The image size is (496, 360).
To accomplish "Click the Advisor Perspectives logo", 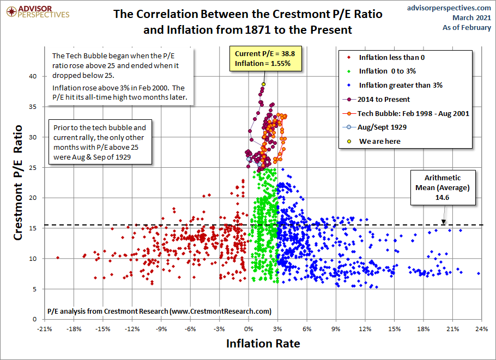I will pyautogui.click(x=37, y=11).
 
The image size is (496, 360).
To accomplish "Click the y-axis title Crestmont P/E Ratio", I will pyautogui.click(x=18, y=183).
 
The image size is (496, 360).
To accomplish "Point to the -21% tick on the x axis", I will pyautogui.click(x=44, y=330).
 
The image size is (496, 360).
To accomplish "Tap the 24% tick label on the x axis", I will pyautogui.click(x=481, y=330).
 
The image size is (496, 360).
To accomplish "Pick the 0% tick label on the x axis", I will pyautogui.click(x=249, y=330).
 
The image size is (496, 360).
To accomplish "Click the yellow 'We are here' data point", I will pyautogui.click(x=263, y=84).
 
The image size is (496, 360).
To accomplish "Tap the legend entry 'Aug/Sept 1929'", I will pyautogui.click(x=381, y=127).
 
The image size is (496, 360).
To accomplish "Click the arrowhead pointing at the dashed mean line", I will pyautogui.click(x=443, y=222).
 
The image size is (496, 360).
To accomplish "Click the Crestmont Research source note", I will pyautogui.click(x=159, y=312).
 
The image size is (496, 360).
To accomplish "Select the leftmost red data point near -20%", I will pyautogui.click(x=58, y=258).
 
